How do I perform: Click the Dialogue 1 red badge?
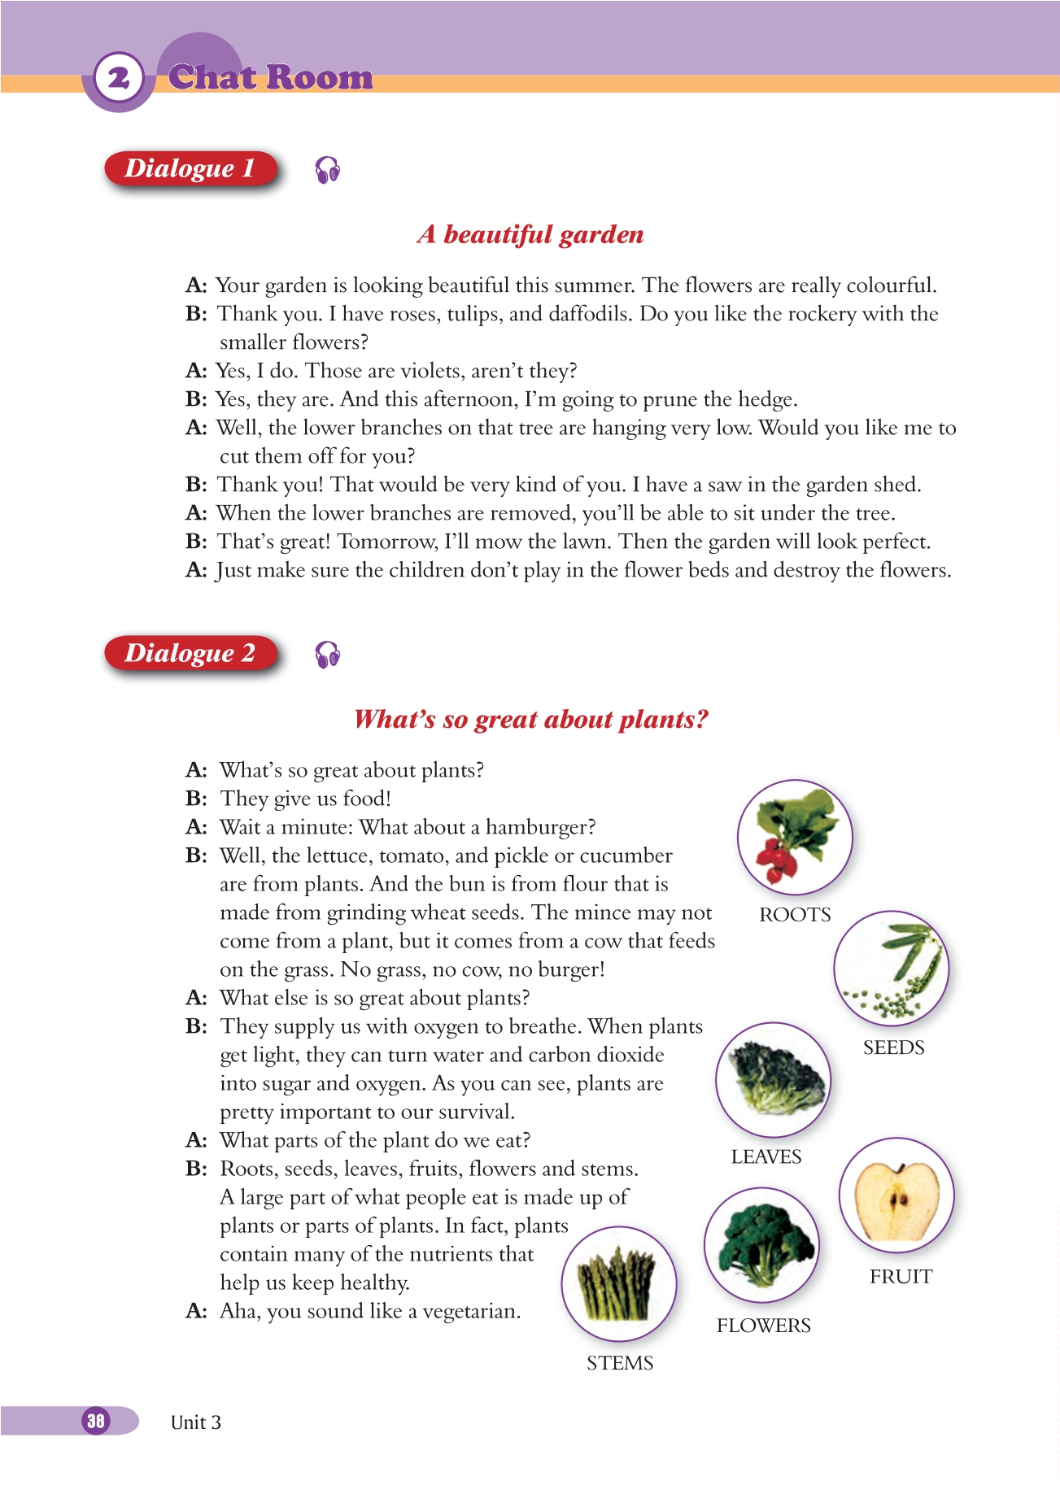pos(190,169)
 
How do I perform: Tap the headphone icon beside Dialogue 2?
pos(327,655)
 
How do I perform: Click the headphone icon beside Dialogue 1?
pos(327,170)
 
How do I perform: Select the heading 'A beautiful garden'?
pos(530,235)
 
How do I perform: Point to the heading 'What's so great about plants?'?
pos(531,720)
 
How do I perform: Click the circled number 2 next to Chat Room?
pos(119,78)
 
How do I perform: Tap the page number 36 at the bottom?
pos(96,1421)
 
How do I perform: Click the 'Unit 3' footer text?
pos(196,1422)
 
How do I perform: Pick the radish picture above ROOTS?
pos(794,838)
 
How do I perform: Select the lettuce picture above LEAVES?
pos(773,1079)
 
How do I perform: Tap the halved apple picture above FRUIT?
pos(896,1195)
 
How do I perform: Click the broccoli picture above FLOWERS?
pos(761,1245)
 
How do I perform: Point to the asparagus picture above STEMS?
pos(618,1284)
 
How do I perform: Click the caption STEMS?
pos(620,1363)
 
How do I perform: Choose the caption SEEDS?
pos(893,1047)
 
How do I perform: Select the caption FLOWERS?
pos(763,1326)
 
